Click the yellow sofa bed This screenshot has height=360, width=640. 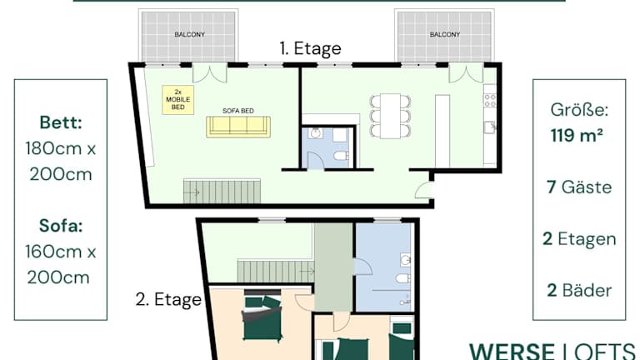[238, 127]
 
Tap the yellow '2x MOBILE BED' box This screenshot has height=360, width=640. [178, 100]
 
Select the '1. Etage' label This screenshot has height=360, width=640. [310, 48]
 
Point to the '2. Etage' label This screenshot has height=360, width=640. [168, 300]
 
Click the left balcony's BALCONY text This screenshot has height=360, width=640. [190, 35]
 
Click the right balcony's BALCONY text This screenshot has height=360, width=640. [445, 35]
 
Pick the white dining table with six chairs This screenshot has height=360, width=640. [390, 116]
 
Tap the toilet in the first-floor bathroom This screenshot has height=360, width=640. [341, 156]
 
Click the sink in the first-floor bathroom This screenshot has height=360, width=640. [315, 133]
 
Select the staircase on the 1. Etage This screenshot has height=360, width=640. [222, 192]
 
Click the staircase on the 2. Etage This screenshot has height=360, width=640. [276, 271]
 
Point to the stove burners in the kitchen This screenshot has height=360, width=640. [490, 100]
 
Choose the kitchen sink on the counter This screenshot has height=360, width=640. [490, 127]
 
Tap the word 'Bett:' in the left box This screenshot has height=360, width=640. [61, 122]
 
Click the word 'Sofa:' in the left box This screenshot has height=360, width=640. [61, 226]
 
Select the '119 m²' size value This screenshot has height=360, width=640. [577, 135]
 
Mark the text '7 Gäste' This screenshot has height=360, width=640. [579, 187]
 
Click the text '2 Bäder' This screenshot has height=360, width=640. [579, 291]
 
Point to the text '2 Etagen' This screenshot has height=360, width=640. [579, 239]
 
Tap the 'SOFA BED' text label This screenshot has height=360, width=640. [238, 111]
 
